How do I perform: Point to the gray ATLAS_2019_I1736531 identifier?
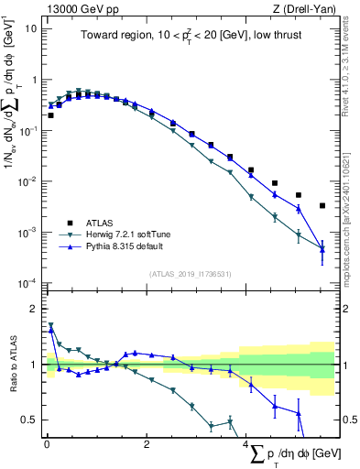(x=190, y=273)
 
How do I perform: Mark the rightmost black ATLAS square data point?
(x=322, y=206)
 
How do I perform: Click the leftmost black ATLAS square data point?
(x=51, y=115)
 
